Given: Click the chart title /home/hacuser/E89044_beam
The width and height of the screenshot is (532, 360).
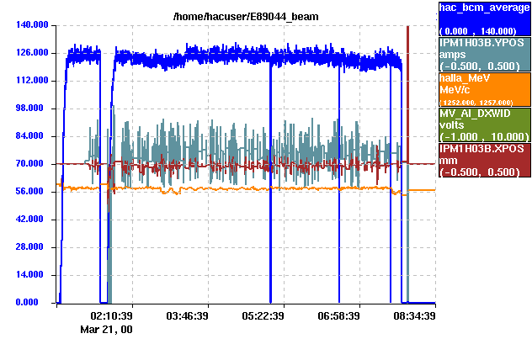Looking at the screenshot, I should pos(245,16).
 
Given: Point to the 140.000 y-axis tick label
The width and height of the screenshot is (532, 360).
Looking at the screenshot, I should pos(29,25).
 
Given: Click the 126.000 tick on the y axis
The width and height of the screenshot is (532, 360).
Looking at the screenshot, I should pos(29,53).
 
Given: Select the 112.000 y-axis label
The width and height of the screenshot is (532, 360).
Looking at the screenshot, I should pos(29,81).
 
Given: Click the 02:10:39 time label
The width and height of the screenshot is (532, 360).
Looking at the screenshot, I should pos(112,316).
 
